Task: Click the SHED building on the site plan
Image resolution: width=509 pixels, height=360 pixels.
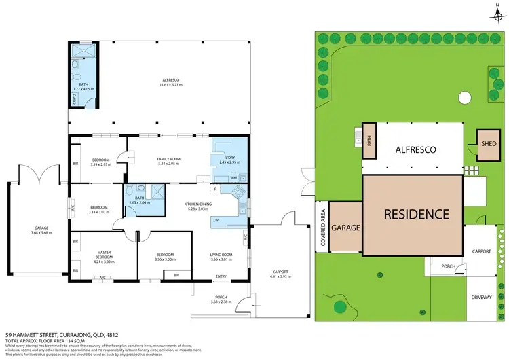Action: coord(487,145)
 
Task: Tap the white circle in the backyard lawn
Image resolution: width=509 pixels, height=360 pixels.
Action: coord(464,98)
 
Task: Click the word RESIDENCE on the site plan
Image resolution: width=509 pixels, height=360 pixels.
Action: coord(417,214)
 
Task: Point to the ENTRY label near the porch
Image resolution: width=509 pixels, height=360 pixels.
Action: coord(221,276)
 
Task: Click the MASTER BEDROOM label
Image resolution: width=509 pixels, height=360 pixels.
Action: coord(104,257)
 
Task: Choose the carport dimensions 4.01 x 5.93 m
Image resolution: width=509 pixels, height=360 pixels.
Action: coord(280,276)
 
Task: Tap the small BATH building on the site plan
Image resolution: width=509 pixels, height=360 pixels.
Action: coord(369,141)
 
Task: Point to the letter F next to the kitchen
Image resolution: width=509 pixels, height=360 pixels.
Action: coord(214,187)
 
